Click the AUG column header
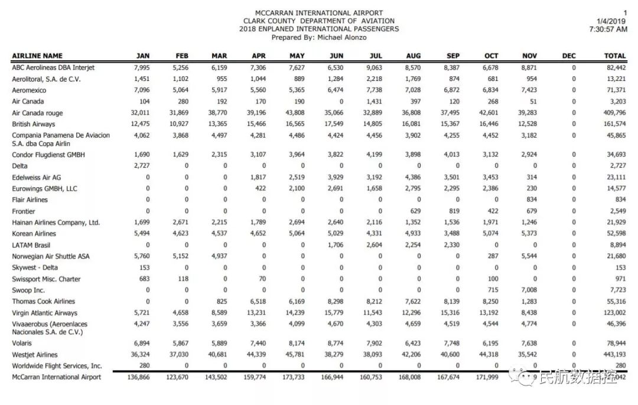pos(414,56)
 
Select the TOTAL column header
pos(614,56)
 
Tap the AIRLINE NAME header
pos(37,56)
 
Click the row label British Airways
pos(34,125)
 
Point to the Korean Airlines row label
pos(34,234)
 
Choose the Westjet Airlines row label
pos(35,355)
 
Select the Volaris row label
pos(22,343)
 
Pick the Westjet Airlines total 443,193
pos(613,355)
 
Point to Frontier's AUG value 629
pos(415,211)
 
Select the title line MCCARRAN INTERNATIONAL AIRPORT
pos(319,13)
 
